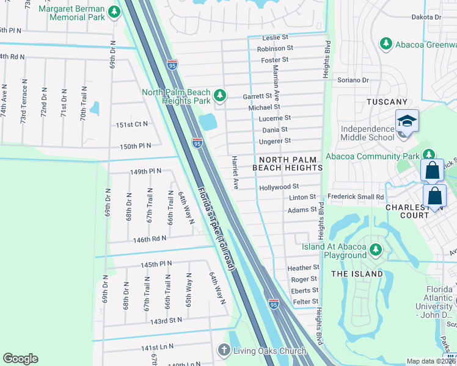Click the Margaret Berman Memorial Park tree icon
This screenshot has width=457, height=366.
[x=114, y=12]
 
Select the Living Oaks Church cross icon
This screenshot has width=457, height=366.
[x=224, y=350]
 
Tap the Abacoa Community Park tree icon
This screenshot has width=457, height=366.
[x=429, y=155]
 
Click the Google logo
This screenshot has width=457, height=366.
[x=20, y=359]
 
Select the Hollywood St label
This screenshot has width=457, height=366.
[x=279, y=187]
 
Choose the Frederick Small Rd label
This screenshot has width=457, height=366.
[x=355, y=197]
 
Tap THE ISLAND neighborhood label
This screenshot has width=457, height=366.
[x=357, y=274]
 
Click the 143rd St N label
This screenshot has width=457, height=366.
[x=167, y=320]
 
